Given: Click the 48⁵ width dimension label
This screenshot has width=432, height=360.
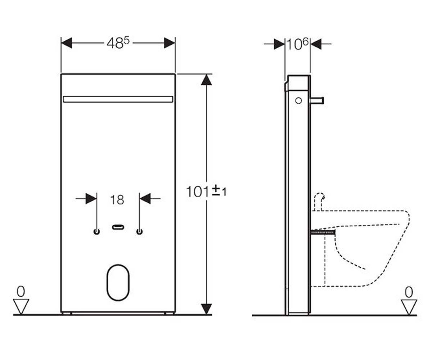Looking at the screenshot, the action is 118,43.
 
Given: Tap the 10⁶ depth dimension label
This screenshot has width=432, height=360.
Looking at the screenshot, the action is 297,44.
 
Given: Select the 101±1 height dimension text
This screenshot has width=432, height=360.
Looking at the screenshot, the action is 206,191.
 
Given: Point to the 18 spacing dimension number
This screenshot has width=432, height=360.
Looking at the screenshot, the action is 117,200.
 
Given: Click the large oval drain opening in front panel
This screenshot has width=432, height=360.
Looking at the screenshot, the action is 118,282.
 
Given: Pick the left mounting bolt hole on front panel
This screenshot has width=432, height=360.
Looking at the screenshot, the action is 96,231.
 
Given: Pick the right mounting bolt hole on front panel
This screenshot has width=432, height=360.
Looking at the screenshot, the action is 139,231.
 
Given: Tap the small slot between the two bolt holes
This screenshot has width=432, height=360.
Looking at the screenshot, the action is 118,227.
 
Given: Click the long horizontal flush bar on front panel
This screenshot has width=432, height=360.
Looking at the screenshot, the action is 118,99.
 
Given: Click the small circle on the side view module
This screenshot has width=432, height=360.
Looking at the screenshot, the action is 298,101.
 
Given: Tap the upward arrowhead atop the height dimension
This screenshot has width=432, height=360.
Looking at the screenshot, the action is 206,80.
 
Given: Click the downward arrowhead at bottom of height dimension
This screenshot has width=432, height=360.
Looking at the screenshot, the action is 206,309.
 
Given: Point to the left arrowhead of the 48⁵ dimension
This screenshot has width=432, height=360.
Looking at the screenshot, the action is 67,43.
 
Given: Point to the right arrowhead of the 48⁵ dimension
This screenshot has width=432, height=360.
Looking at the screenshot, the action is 170,43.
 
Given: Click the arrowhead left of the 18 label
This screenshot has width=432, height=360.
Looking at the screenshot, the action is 91,199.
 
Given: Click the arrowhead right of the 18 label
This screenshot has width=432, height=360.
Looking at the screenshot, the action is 145,199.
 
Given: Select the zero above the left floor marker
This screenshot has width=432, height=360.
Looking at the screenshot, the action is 21,292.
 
